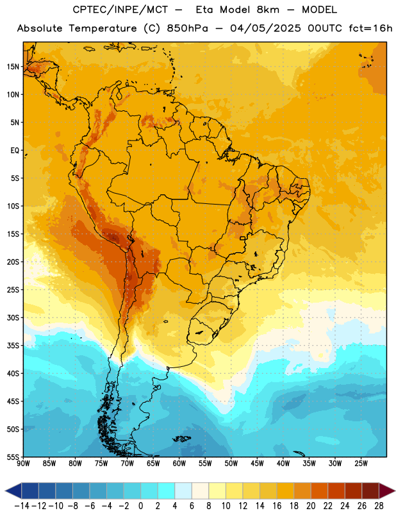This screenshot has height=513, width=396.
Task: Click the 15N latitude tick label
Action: tap(13, 67)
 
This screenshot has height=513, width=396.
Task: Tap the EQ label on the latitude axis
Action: tap(15, 151)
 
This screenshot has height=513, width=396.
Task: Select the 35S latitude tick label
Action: tap(13, 346)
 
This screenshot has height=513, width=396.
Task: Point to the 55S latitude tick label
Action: tap(13, 457)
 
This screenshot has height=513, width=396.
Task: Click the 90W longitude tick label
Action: tap(23, 464)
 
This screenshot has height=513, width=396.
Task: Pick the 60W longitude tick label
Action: tap(179, 464)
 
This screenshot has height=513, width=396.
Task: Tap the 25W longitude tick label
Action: tap(361, 464)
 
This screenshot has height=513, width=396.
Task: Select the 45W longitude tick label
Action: tap(257, 464)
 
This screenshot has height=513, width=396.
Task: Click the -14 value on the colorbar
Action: tap(22, 506)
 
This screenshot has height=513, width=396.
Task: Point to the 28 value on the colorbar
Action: tap(379, 506)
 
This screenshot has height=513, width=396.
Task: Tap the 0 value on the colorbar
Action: tap(140, 506)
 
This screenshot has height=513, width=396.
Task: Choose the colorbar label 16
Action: tap(277, 506)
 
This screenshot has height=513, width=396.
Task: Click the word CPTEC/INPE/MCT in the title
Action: tap(120, 10)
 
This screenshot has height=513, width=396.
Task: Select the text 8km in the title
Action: tap(268, 10)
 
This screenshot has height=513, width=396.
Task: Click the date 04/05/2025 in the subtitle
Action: tap(265, 28)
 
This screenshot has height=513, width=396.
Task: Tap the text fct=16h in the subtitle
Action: tap(370, 28)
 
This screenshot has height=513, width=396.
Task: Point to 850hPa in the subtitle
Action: tap(187, 28)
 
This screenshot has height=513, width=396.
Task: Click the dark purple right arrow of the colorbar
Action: tap(387, 491)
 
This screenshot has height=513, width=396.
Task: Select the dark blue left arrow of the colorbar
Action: tap(13, 491)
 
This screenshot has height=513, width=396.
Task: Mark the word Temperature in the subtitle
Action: tap(103, 28)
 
